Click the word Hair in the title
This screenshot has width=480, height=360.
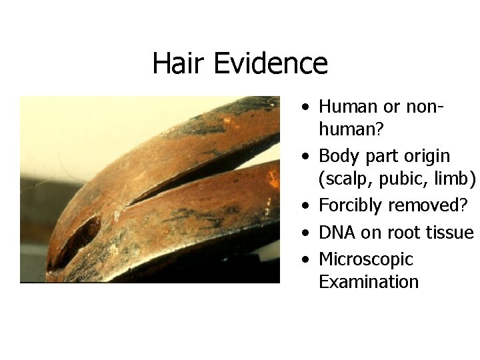click(x=179, y=64)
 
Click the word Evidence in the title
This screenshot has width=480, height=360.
click(x=271, y=64)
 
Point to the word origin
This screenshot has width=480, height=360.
click(x=427, y=156)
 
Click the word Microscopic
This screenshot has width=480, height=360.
click(x=366, y=259)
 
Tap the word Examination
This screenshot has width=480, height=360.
click(x=369, y=282)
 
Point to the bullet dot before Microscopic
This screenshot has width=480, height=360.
click(x=305, y=260)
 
